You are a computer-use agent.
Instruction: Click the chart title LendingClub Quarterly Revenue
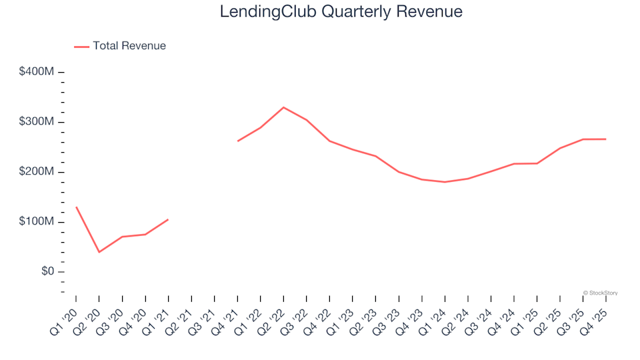point(341,12)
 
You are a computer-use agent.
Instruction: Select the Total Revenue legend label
point(129,46)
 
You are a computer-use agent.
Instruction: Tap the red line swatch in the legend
point(81,47)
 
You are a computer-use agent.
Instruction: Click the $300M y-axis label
point(37,122)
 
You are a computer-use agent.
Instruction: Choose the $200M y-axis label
point(37,172)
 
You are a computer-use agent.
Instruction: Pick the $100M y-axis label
point(37,222)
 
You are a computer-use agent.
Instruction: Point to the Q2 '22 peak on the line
point(283,107)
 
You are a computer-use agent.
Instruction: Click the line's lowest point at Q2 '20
point(99,252)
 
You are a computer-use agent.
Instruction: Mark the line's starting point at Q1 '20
point(76,207)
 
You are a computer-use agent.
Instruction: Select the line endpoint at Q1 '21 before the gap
point(168,219)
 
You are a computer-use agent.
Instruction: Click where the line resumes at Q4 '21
point(237,141)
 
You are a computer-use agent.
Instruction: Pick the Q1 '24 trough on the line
point(445,182)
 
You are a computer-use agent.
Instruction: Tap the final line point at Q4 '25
point(605,139)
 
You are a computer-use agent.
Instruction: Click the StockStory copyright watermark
point(600,293)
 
